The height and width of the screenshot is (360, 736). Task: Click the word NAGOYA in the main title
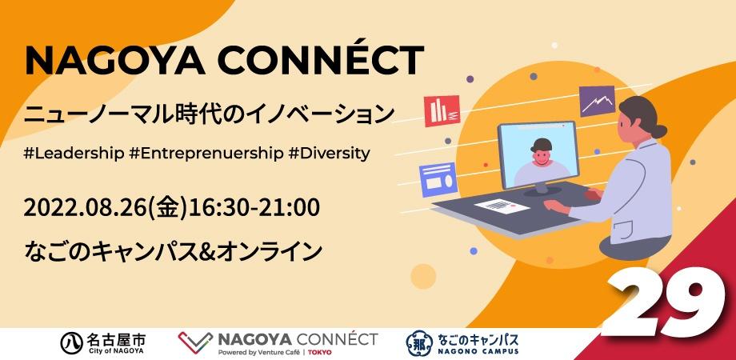point(115,60)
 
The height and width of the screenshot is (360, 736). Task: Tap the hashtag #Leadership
point(74,154)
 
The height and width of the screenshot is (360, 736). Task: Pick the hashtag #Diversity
point(330,154)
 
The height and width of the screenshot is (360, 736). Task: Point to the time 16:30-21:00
point(254,207)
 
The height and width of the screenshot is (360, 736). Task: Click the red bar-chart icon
point(442,110)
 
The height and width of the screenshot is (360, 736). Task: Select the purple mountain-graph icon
point(597,101)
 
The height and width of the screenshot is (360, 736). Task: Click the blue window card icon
point(438,179)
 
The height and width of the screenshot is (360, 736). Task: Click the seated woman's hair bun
point(658,131)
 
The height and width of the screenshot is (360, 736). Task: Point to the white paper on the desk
point(502,206)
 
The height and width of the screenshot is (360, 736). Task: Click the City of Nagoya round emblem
point(72,343)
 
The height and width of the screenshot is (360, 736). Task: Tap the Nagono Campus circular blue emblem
point(420,342)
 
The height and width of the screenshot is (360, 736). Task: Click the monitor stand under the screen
point(542,188)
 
